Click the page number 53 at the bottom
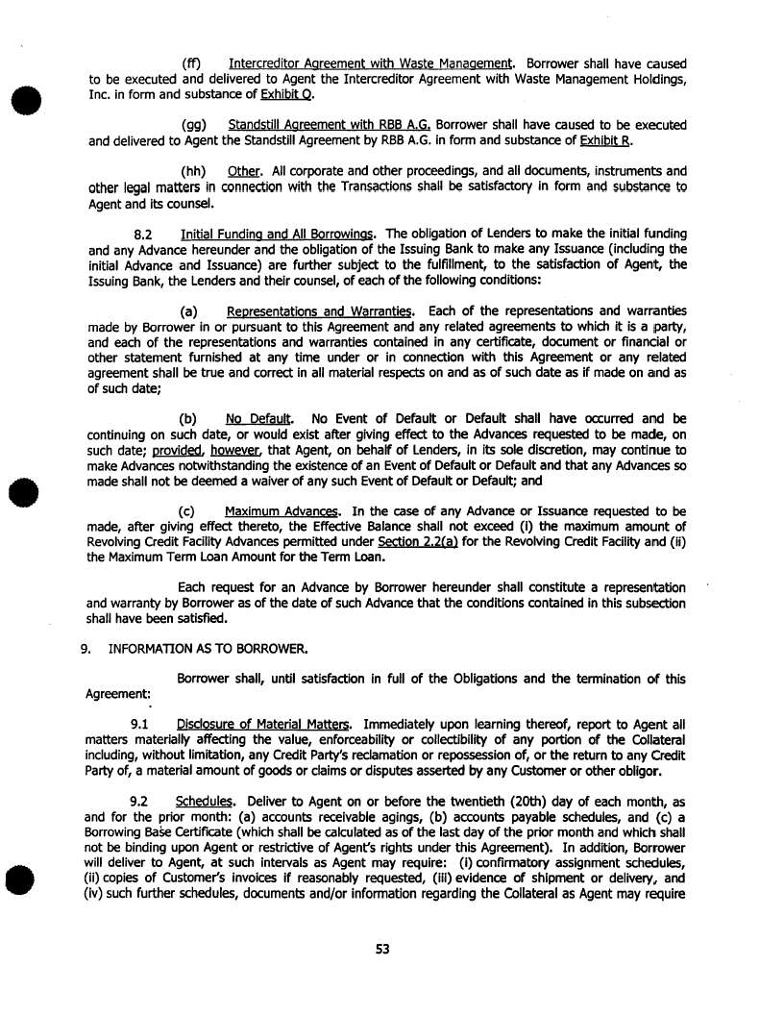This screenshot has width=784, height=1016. pos(382,950)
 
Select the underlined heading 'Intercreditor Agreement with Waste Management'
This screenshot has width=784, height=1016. pos(373,64)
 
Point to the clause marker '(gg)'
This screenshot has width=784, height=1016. pos(196,126)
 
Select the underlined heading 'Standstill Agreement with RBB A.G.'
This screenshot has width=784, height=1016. pos(330,126)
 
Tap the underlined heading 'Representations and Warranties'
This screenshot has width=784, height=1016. pos(320,310)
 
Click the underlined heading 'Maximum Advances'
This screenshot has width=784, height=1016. pos(282,510)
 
